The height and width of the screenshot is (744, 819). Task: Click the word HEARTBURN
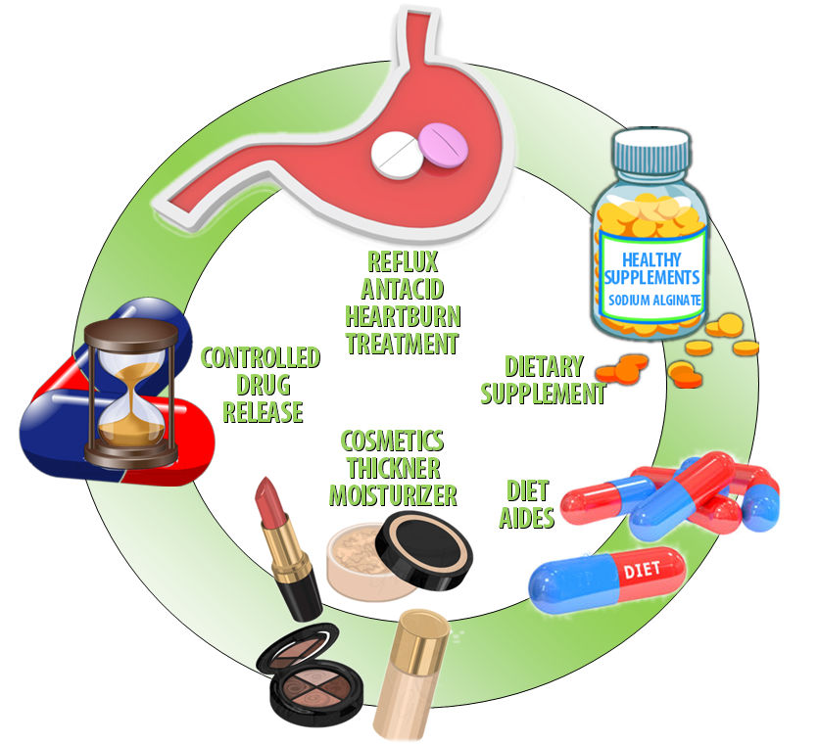tap(401, 317)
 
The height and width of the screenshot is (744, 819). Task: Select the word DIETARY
tap(544, 367)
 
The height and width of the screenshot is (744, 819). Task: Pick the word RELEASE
tap(262, 412)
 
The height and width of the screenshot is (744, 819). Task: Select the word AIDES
tap(530, 518)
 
